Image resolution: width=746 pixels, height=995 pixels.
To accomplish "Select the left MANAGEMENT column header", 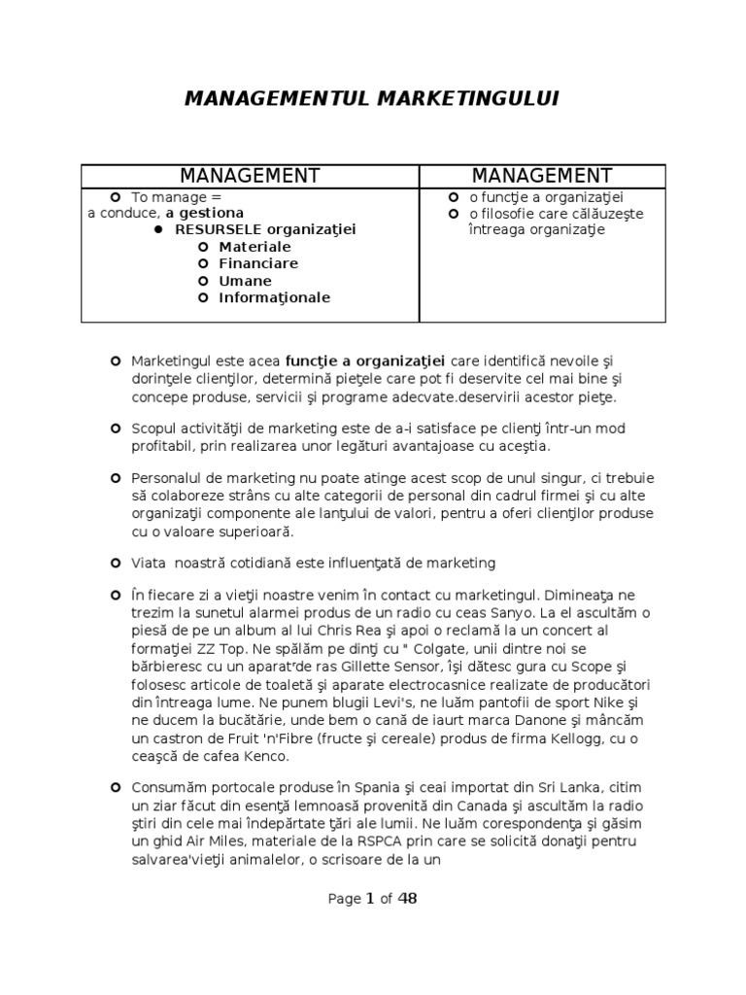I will [x=250, y=176].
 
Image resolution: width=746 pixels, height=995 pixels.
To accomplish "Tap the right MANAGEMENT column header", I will [x=542, y=176].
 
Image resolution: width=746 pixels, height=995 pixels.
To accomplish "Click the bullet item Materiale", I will [x=254, y=247].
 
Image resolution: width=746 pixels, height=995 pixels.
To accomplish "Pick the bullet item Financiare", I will [x=258, y=263].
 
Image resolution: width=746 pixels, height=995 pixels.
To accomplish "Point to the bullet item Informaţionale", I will [x=274, y=297].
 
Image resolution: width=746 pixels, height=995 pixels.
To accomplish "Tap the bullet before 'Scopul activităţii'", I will [x=116, y=427].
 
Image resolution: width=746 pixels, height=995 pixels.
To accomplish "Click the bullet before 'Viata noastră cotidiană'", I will [x=116, y=562].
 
